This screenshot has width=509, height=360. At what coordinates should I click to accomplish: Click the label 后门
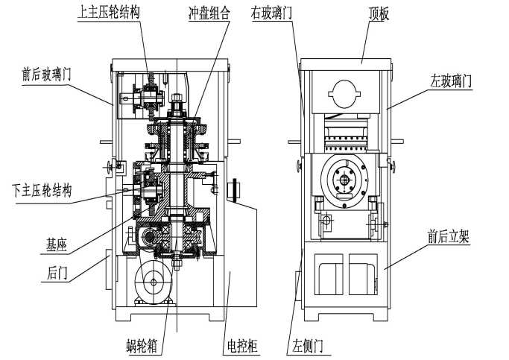pyautogui.click(x=57, y=274)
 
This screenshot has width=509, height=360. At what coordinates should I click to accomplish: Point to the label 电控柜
pyautogui.click(x=241, y=346)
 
